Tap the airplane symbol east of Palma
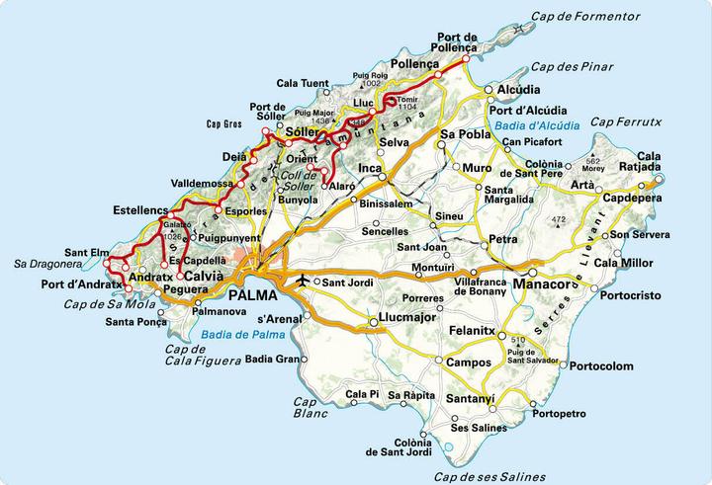point(302,282)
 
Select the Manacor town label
point(545,286)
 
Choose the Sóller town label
point(307,130)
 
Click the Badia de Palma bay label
point(238,335)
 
